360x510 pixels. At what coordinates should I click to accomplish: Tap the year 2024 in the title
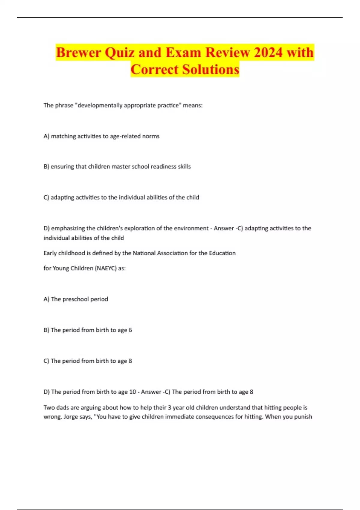(x=268, y=52)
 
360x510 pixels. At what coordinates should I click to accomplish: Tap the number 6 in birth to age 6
(x=130, y=330)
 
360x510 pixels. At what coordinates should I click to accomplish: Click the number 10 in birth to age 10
(x=132, y=392)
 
